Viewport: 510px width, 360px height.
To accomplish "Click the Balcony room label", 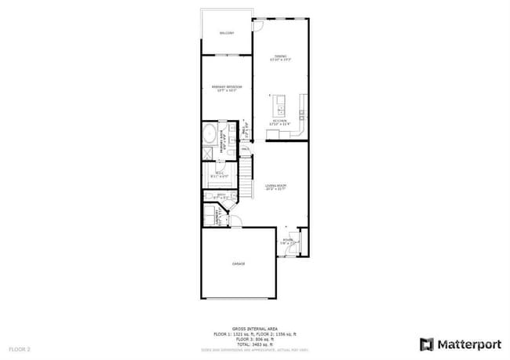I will pyautogui.click(x=227, y=33).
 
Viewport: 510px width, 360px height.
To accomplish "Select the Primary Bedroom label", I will pyautogui.click(x=227, y=87).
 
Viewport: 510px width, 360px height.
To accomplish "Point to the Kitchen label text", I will pyautogui.click(x=279, y=122).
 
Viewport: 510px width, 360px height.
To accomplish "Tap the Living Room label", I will pyautogui.click(x=275, y=187).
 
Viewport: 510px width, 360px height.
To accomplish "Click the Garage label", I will pyautogui.click(x=238, y=264).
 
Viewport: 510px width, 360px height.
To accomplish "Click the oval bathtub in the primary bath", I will pyautogui.click(x=210, y=134).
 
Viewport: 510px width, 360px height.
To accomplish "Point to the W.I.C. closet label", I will pyautogui.click(x=219, y=175).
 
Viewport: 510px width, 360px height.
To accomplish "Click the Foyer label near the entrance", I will pyautogui.click(x=287, y=242).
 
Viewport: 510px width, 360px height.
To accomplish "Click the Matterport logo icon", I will pyautogui.click(x=427, y=344).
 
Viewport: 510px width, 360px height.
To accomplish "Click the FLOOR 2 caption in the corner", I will pyautogui.click(x=20, y=348).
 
